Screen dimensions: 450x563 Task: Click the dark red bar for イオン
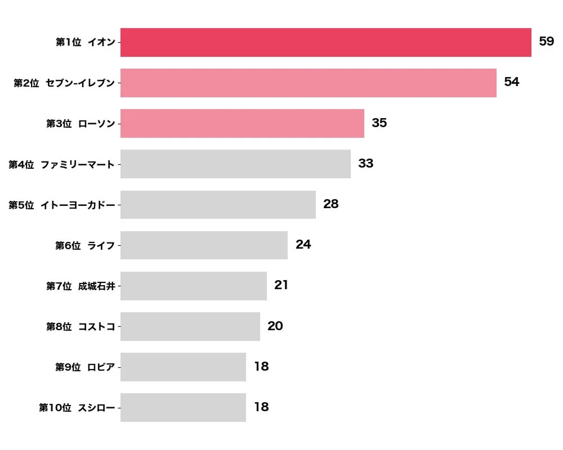point(325,42)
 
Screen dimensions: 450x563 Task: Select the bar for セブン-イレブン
point(308,83)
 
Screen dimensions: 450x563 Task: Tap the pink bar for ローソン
point(242,123)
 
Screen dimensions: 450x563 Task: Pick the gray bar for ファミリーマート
point(235,164)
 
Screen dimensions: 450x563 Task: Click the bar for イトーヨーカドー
point(218,204)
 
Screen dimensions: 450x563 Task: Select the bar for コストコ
point(190,326)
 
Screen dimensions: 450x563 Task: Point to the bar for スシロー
point(183,407)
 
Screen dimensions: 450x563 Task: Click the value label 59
point(546,42)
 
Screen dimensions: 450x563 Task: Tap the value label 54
point(511,82)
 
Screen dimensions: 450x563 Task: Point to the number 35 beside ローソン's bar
point(379,123)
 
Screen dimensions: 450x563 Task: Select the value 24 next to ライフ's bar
point(303,245)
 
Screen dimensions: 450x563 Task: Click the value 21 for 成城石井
point(281,285)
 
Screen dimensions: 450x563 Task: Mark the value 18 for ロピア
point(261,367)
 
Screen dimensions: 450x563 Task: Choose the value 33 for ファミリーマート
point(365,164)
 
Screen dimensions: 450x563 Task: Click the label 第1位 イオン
point(85,43)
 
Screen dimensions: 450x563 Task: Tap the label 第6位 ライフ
point(84,245)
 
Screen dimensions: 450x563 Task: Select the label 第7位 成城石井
point(81,286)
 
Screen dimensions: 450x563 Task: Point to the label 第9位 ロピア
point(84,367)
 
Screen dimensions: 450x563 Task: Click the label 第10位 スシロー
point(77,408)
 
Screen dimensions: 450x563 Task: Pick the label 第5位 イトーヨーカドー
point(61,205)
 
